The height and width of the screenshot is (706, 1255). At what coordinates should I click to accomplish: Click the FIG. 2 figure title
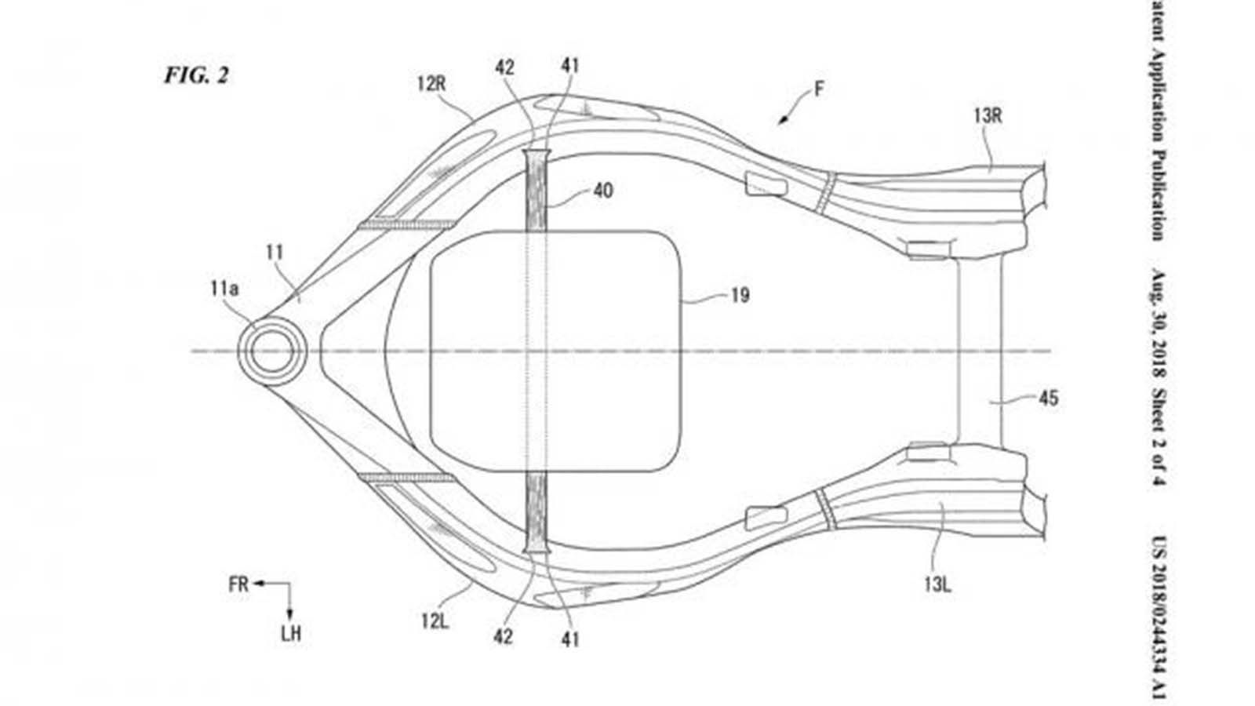click(195, 75)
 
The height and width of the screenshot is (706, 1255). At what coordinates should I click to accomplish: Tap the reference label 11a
click(224, 289)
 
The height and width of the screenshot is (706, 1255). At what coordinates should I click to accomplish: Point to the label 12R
click(431, 83)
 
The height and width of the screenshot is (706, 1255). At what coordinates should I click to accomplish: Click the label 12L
click(434, 621)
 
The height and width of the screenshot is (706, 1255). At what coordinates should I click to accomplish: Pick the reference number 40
click(602, 191)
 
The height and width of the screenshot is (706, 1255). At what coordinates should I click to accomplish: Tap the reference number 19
click(740, 296)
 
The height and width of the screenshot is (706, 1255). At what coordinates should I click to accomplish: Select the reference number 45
click(1048, 398)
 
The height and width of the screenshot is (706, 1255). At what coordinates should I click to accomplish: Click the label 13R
click(988, 117)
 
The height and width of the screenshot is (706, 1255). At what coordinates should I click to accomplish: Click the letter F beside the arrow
click(819, 89)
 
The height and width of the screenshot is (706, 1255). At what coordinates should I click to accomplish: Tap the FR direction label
click(238, 584)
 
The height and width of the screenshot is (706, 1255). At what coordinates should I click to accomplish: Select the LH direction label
click(291, 634)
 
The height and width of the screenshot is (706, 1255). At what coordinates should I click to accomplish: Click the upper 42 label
click(504, 67)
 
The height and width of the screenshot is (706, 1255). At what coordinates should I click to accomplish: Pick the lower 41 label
click(570, 639)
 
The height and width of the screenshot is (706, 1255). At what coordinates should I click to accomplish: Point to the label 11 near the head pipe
click(274, 253)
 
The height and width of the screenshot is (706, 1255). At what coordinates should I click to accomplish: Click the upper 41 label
click(570, 66)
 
